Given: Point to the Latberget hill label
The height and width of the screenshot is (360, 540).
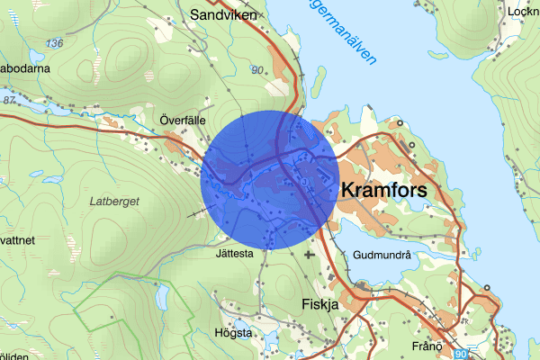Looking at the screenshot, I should tap(114, 202).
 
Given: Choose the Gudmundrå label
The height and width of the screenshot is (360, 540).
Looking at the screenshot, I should tap(382, 255).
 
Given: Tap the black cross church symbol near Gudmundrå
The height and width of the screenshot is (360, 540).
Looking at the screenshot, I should tap(310, 255).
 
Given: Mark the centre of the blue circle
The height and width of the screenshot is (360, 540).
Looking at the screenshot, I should tap(270, 179).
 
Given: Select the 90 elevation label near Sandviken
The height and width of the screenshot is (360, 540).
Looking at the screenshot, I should tap(258, 69).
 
